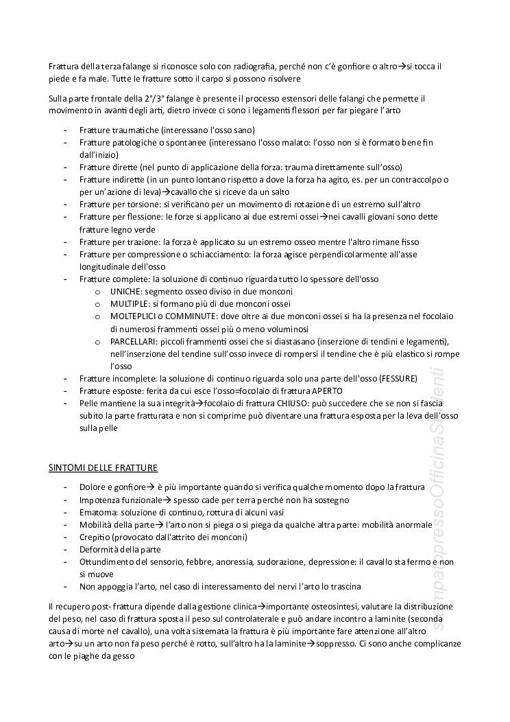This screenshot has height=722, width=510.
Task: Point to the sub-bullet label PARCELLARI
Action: (x=134, y=341)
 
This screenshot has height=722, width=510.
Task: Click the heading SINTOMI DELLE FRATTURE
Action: (x=103, y=468)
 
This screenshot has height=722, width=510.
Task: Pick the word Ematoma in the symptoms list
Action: (x=95, y=512)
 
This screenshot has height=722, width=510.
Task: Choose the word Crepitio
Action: (x=94, y=537)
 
